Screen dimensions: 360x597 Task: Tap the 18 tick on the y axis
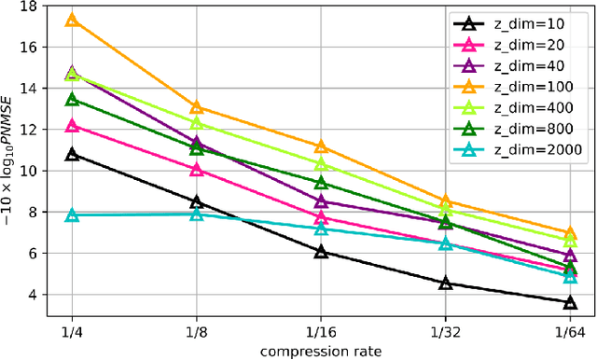(28, 7)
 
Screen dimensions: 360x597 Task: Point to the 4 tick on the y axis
(32, 295)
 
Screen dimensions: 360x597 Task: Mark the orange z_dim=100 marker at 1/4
(72, 20)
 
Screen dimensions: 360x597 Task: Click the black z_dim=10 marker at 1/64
(570, 302)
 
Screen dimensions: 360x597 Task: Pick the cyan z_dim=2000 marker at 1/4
(72, 215)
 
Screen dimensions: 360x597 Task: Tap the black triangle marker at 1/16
(321, 252)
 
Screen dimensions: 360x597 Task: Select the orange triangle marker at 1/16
(321, 146)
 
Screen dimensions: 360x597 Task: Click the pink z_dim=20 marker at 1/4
(72, 125)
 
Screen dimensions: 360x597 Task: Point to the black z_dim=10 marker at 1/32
(446, 283)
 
